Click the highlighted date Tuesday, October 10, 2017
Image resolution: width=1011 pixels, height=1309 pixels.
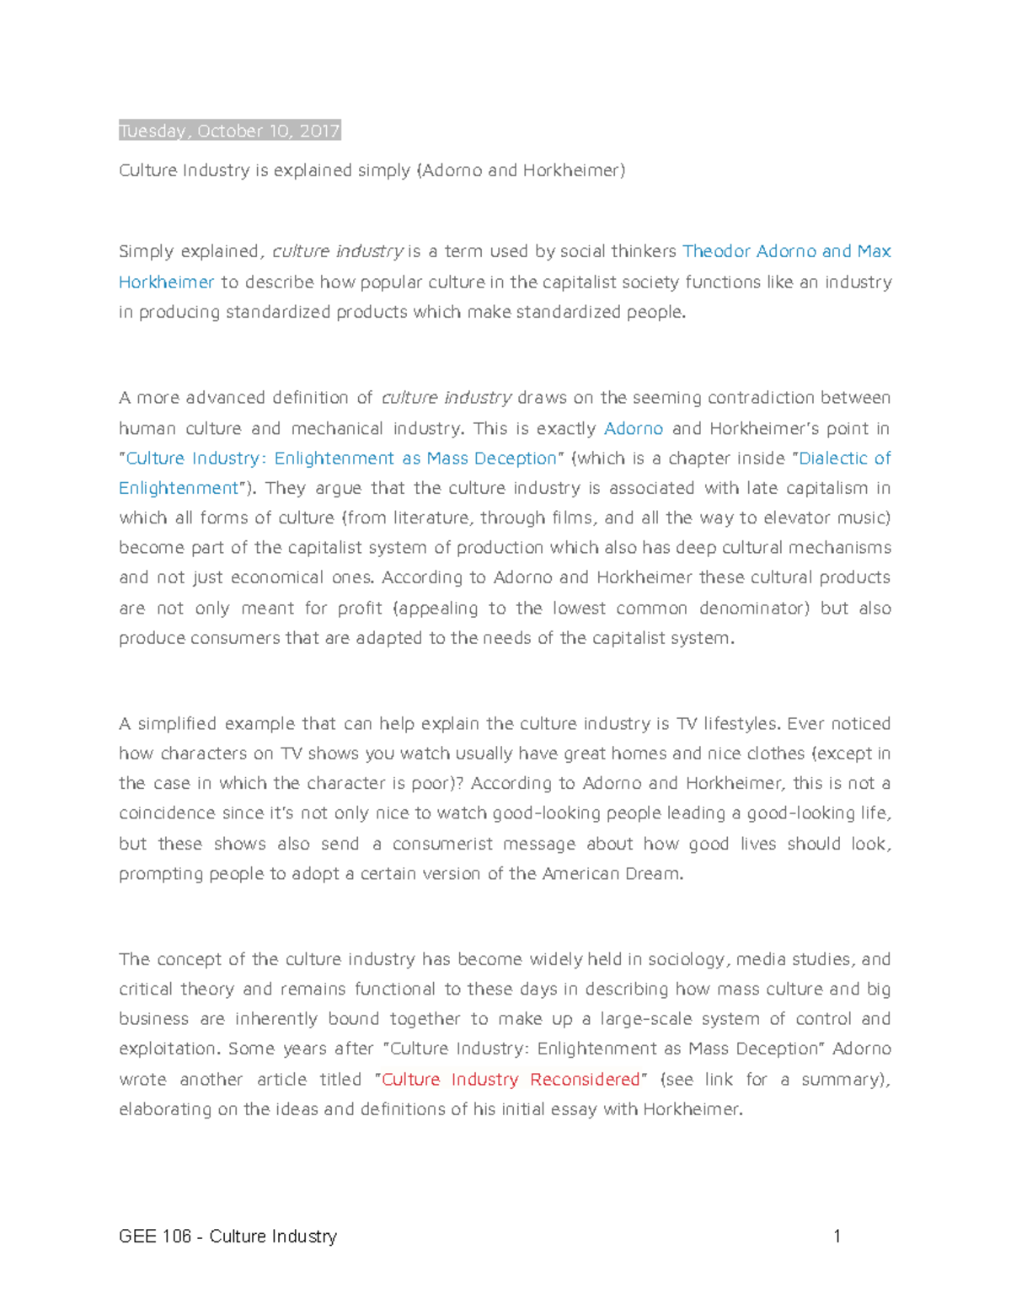pyautogui.click(x=229, y=131)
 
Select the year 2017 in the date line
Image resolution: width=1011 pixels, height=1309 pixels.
pyautogui.click(x=319, y=131)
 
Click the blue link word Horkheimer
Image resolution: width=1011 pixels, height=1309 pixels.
pyautogui.click(x=166, y=282)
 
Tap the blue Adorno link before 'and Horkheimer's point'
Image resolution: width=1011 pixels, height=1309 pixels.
pyautogui.click(x=634, y=428)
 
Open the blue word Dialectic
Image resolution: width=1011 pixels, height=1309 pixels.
pyautogui.click(x=834, y=459)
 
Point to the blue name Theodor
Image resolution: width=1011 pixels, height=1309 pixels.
pyautogui.click(x=715, y=251)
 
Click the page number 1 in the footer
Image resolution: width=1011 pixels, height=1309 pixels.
pyautogui.click(x=837, y=1237)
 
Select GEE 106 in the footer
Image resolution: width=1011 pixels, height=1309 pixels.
pyautogui.click(x=155, y=1237)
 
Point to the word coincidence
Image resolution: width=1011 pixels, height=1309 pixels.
pyautogui.click(x=167, y=813)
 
